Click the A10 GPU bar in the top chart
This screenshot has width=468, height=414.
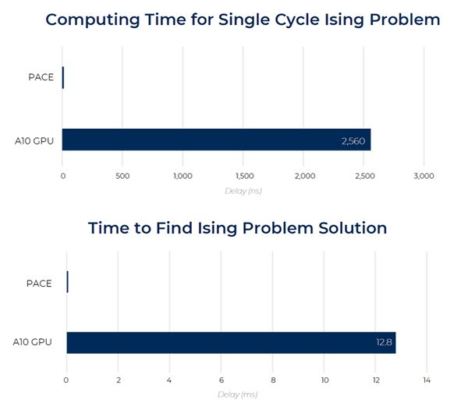click(216, 140)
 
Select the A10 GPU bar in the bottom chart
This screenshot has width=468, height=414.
click(232, 343)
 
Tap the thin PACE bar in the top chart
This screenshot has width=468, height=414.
click(63, 77)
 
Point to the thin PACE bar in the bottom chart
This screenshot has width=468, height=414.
click(67, 282)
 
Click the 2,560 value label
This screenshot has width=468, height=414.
click(353, 141)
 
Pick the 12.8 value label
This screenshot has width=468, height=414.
click(384, 342)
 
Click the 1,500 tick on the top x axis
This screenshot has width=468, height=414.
click(245, 176)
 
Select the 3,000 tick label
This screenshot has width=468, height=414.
click(424, 176)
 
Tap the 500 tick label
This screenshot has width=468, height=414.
click(122, 176)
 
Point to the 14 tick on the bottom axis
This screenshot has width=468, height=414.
click(427, 380)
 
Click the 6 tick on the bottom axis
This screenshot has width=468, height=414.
click(222, 380)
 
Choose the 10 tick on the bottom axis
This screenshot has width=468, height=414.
click(325, 380)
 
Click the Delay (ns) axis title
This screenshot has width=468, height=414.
click(243, 191)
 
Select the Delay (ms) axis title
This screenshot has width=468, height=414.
click(238, 394)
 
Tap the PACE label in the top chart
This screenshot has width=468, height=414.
click(41, 77)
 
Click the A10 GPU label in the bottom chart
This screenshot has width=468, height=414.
click(32, 342)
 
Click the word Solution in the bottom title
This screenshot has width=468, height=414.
click(353, 228)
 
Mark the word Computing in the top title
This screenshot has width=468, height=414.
click(93, 20)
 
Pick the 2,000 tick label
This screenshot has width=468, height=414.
click(305, 176)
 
